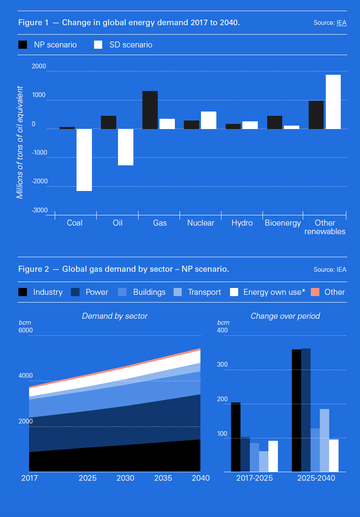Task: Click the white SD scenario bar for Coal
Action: pos(84,160)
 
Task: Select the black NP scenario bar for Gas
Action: pos(150,110)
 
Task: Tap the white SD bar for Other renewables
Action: pos(333,102)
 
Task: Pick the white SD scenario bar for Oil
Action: pos(126,147)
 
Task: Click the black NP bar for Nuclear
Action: pos(192,124)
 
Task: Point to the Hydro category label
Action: pos(242,223)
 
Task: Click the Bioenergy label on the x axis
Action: pos(283,223)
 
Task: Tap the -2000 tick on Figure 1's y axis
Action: pos(39,181)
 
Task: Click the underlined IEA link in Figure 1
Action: pos(341,23)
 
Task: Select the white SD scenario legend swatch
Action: pos(98,45)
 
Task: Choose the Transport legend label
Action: pos(204,292)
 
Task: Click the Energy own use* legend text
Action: pos(274,292)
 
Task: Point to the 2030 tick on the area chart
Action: pos(125,478)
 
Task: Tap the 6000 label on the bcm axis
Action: pos(25,330)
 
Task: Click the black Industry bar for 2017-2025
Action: pos(236,437)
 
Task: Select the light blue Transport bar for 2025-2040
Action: pos(325,440)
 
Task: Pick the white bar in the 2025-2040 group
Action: pos(333,455)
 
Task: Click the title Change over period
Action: pos(285,316)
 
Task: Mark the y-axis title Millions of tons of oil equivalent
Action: pos(20,142)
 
